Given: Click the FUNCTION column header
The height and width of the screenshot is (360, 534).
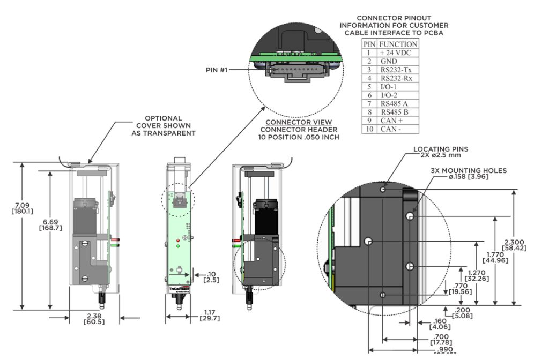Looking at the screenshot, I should click(x=398, y=44).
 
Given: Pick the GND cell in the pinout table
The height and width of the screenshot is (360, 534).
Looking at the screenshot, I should click(x=388, y=61).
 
